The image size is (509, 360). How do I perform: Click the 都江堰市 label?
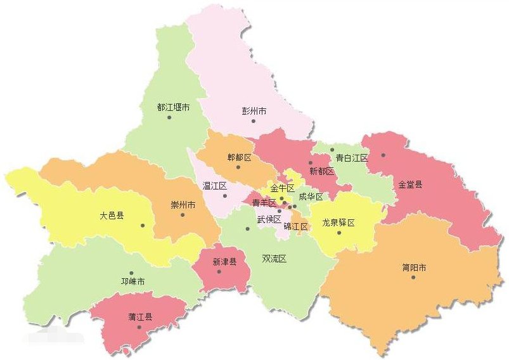[173, 108]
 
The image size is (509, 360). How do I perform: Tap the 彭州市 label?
[254, 111]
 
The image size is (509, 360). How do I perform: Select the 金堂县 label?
[411, 185]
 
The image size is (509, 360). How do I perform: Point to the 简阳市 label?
[414, 267]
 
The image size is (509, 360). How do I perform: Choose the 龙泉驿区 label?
[338, 222]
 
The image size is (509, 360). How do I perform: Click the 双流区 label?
[274, 259]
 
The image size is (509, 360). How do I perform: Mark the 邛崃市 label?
[132, 281]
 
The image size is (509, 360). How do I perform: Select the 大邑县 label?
[112, 215]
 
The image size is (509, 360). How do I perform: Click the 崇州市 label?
[183, 205]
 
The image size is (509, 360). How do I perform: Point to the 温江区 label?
[214, 186]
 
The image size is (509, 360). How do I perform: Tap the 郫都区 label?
[239, 157]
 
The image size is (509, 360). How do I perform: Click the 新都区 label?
[321, 171]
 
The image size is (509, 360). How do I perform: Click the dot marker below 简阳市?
[413, 278]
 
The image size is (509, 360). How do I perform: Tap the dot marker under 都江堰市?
[169, 117]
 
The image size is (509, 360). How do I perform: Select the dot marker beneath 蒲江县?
[139, 327]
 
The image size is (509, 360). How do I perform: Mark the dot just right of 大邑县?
[143, 225]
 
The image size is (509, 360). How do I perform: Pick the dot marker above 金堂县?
[383, 155]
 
